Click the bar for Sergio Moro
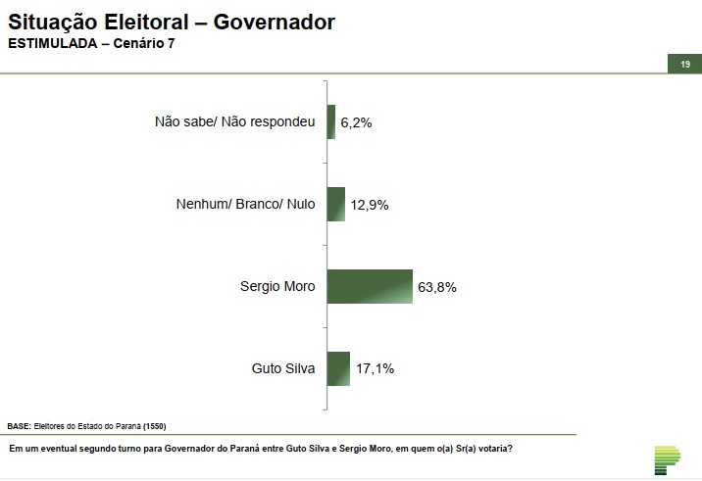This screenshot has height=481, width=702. [370, 286]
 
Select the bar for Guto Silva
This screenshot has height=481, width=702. [338, 368]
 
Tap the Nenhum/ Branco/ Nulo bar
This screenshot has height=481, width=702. [335, 204]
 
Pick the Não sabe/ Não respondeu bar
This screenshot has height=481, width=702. [331, 121]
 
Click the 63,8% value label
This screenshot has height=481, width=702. [437, 287]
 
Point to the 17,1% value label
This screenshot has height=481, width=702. [375, 369]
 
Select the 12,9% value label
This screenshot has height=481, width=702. [370, 205]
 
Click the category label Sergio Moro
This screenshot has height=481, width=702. [277, 287]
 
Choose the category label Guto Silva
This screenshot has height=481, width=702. [283, 369]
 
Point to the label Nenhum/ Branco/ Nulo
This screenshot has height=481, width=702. [245, 205]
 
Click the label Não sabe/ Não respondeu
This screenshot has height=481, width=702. [235, 122]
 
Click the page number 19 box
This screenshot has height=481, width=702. [685, 64]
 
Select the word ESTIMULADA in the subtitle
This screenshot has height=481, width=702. [52, 44]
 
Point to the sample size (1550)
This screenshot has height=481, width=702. [156, 426]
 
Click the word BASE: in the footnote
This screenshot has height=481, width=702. [20, 426]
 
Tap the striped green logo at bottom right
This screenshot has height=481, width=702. [666, 459]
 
